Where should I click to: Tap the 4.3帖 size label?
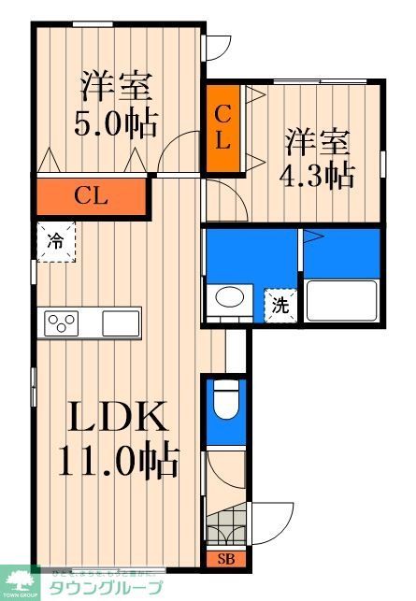click(318, 175)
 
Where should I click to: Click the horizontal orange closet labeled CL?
click(92, 196)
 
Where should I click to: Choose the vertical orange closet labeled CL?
click(222, 128)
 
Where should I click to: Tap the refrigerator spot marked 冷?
click(55, 241)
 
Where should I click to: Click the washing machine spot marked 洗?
click(280, 304)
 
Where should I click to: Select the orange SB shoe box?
click(225, 560)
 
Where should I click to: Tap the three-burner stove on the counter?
click(62, 324)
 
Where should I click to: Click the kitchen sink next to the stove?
click(120, 324)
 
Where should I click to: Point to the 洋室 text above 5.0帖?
click(116, 86)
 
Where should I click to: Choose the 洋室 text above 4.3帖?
click(318, 142)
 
